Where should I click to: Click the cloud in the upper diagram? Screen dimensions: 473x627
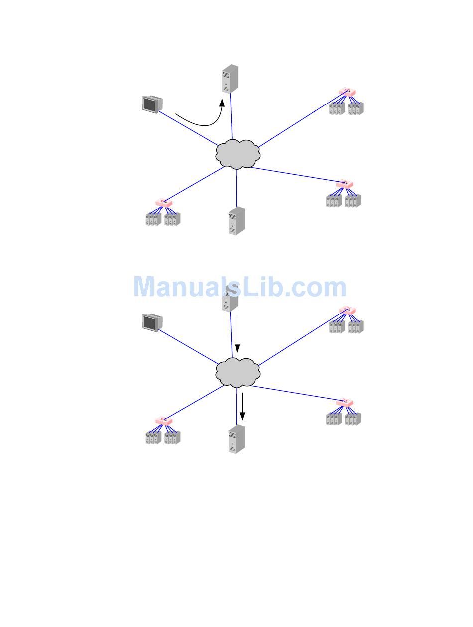(238, 154)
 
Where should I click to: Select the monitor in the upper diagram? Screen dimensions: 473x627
(150, 104)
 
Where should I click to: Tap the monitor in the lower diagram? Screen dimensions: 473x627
(150, 322)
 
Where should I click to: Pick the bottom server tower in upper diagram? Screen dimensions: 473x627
(236, 220)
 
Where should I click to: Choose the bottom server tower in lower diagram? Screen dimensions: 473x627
(236, 439)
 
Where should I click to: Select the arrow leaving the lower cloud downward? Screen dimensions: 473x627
(242, 406)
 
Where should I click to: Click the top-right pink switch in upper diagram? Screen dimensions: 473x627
(347, 92)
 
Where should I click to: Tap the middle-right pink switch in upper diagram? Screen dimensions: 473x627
(344, 184)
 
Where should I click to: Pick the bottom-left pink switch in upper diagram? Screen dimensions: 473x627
(163, 203)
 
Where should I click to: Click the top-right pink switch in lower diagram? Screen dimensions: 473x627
(347, 310)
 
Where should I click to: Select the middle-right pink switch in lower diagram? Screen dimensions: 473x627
(344, 402)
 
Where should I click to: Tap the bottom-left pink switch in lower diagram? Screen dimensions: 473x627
(163, 421)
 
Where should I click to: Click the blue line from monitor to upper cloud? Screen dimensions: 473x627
(189, 129)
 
